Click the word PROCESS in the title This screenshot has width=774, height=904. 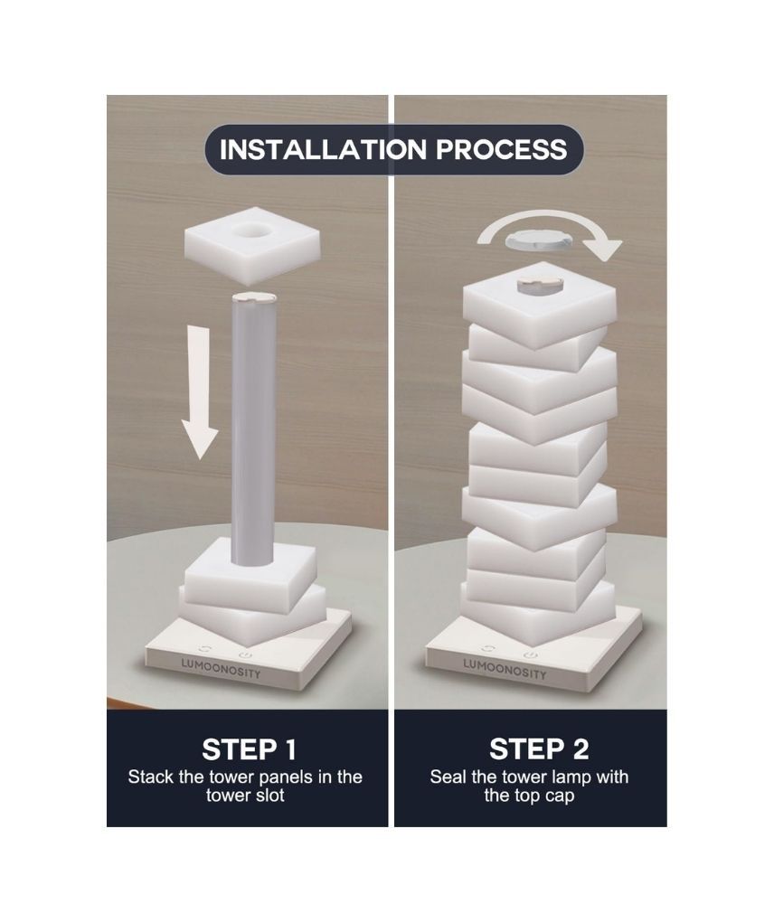(x=502, y=149)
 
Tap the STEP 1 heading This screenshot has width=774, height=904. (x=249, y=749)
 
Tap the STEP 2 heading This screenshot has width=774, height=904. (x=539, y=749)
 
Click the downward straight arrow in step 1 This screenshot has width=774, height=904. (x=200, y=392)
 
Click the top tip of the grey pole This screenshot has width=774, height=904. (x=254, y=294)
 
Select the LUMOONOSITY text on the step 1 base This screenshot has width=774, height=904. (x=221, y=668)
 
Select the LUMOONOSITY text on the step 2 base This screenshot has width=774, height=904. (x=505, y=669)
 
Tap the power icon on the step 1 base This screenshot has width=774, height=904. (x=246, y=655)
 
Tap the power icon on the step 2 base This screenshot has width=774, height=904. (x=531, y=655)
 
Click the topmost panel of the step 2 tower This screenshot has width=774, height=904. (x=539, y=306)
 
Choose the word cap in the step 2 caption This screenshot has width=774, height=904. (x=559, y=796)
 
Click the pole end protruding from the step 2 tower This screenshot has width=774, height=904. (x=540, y=284)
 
